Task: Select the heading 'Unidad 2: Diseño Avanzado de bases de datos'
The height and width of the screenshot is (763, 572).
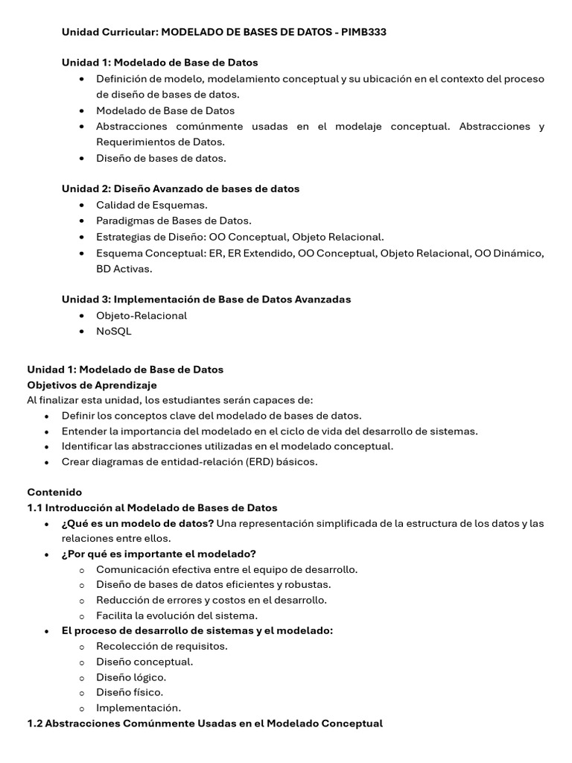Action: click(x=180, y=189)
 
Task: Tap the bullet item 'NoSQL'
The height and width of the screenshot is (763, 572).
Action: click(x=113, y=331)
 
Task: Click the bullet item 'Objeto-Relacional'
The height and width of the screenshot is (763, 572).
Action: click(x=142, y=315)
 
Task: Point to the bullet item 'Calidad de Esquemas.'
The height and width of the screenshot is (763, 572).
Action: click(x=152, y=205)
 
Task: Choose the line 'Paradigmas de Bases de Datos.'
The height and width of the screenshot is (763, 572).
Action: click(x=174, y=221)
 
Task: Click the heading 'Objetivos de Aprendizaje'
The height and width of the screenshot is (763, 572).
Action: click(x=92, y=385)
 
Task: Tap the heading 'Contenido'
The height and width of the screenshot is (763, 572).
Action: click(x=54, y=492)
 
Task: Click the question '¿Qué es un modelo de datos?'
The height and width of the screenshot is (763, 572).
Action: click(x=138, y=523)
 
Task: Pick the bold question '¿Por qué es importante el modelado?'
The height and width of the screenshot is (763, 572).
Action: click(x=159, y=554)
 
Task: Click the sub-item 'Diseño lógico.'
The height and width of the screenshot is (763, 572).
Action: click(x=131, y=677)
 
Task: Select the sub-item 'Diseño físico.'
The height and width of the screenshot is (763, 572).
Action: click(x=130, y=692)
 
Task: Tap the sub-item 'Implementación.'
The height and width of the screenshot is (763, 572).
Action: click(x=139, y=708)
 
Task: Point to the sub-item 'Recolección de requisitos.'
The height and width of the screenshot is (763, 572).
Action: click(x=162, y=646)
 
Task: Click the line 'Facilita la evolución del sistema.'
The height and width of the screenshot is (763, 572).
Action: click(x=177, y=615)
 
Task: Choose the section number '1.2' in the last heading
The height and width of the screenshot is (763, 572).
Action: click(x=35, y=723)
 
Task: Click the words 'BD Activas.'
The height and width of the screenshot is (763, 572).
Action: click(x=124, y=268)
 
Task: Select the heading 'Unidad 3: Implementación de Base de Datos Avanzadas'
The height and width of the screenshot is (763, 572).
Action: click(x=206, y=299)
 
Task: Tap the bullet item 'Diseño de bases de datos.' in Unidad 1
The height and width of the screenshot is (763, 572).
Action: click(x=161, y=158)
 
